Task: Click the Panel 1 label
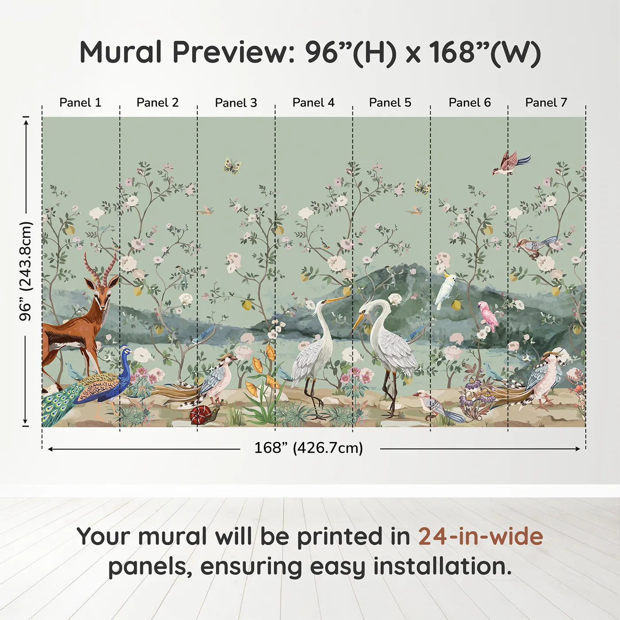pos(80,103)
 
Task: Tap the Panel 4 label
pos(313,103)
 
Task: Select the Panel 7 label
pos(546,103)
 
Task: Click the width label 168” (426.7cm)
pos(308,448)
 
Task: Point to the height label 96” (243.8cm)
pos(26,271)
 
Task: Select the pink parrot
pos(489,316)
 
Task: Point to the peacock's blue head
pos(125,352)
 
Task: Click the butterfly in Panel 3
pos(232,166)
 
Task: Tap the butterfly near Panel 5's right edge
pos(422,186)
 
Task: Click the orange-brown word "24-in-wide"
pos(480,537)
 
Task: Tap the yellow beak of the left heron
pos(336,299)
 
